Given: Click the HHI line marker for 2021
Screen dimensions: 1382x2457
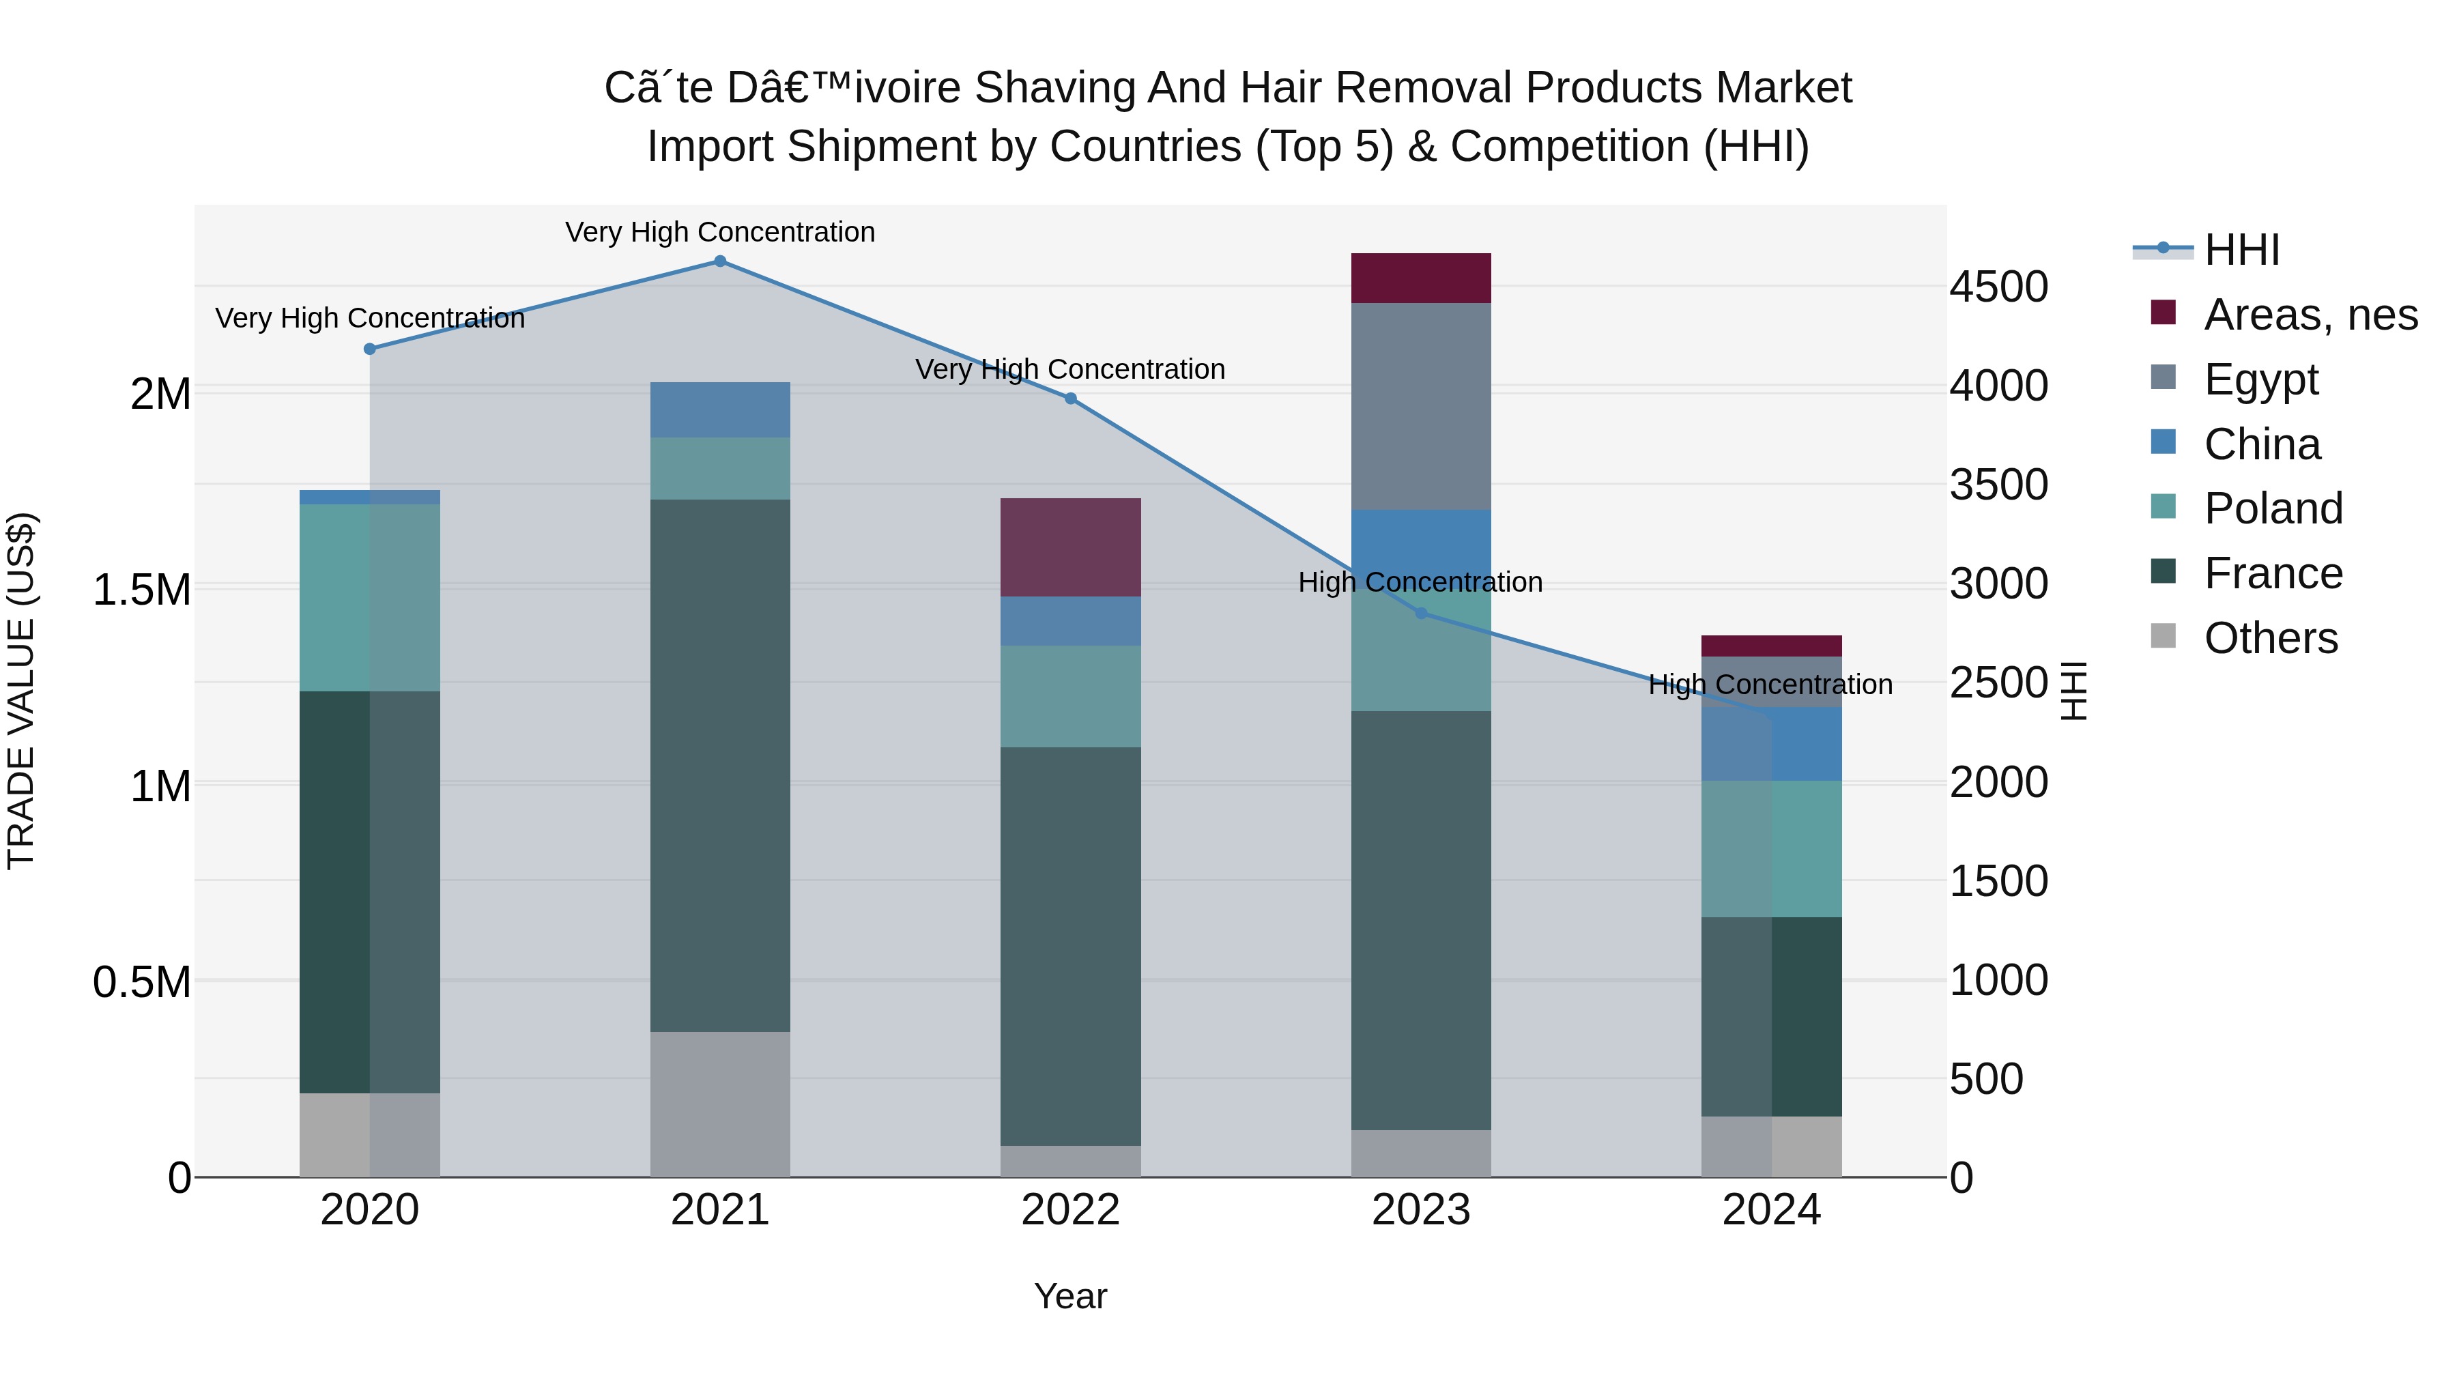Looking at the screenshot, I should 720,261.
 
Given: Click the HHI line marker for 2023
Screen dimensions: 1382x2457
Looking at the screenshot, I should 1420,614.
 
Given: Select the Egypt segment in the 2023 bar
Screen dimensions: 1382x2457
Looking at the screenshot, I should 1420,405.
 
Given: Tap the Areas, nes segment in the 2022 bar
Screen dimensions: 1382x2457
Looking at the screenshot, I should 1070,547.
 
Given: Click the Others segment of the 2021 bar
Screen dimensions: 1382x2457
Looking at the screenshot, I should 720,1104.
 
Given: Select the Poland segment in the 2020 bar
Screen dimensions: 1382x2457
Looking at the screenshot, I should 369,597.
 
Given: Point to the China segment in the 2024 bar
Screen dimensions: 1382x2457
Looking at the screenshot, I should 1771,744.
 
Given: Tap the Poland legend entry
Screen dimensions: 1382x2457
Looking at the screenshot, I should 2272,508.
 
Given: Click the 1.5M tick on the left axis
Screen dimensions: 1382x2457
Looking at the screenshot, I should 141,590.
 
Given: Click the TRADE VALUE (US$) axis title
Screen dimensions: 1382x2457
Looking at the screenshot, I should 21,691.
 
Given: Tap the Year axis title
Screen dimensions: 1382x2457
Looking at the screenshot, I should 1070,1296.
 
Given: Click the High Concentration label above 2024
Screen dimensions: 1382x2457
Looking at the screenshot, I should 1770,685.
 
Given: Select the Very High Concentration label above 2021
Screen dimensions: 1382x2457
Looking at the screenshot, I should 720,232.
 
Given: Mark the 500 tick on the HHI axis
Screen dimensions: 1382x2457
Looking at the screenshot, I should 1986,1079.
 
